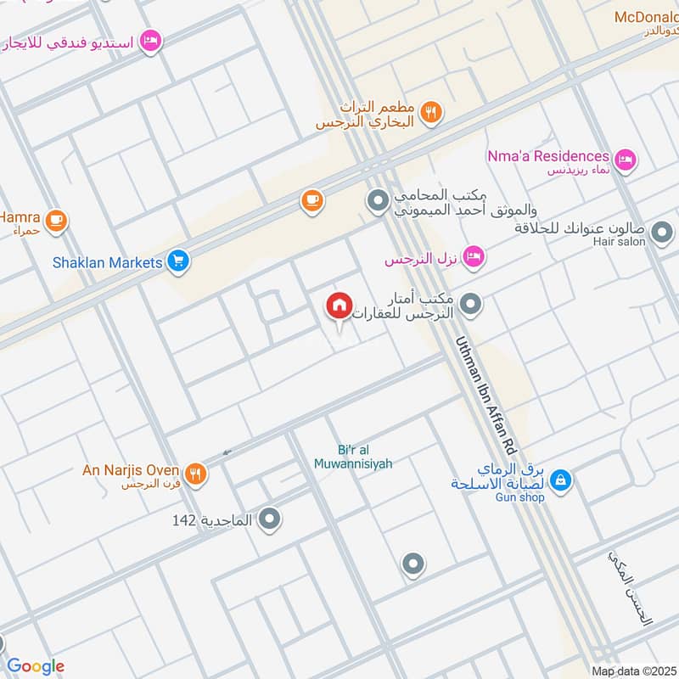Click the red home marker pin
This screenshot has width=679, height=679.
pos(339,306)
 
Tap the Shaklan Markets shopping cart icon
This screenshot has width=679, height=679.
pos(177,261)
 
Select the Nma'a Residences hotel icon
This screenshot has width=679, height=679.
pos(626,159)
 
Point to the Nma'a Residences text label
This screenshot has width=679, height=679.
pos(548,156)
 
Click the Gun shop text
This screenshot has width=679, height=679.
pos(520,497)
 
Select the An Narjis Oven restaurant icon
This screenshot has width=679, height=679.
pos(196,474)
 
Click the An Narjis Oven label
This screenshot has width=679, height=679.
pos(131,470)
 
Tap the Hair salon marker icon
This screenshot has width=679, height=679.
pos(662,231)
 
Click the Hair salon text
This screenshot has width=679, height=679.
pos(620,242)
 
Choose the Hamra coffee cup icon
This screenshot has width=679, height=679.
pos(57,221)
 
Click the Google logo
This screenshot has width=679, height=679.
pos(36,666)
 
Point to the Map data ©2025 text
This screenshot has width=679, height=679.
pos(633,671)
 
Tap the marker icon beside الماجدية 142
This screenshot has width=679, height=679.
pos(270,518)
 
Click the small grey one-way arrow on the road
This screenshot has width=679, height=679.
pos(227,452)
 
